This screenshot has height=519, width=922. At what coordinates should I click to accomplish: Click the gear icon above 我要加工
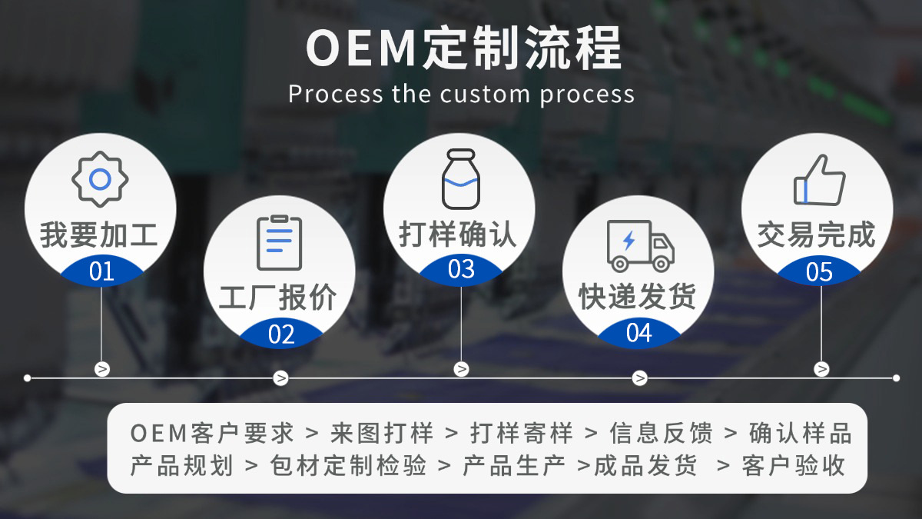[100, 179]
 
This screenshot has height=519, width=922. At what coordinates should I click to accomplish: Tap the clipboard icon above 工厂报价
[279, 242]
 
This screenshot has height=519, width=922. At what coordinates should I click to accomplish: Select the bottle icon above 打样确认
[460, 178]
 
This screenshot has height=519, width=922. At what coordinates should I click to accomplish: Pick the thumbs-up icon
[819, 180]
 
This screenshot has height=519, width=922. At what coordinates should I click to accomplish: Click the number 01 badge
[101, 271]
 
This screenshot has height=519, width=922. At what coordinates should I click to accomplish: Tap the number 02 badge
[281, 334]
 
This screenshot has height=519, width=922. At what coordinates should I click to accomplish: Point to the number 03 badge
[461, 270]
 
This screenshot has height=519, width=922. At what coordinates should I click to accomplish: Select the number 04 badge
[639, 334]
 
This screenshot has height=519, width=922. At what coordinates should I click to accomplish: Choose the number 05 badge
[819, 272]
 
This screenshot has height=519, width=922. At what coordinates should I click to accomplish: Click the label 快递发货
[637, 297]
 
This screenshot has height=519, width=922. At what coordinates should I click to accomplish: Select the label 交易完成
[816, 235]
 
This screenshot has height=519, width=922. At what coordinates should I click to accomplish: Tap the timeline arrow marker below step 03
[461, 369]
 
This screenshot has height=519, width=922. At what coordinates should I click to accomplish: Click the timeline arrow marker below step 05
[821, 369]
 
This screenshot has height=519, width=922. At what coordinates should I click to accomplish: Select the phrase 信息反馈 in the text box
[661, 433]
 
